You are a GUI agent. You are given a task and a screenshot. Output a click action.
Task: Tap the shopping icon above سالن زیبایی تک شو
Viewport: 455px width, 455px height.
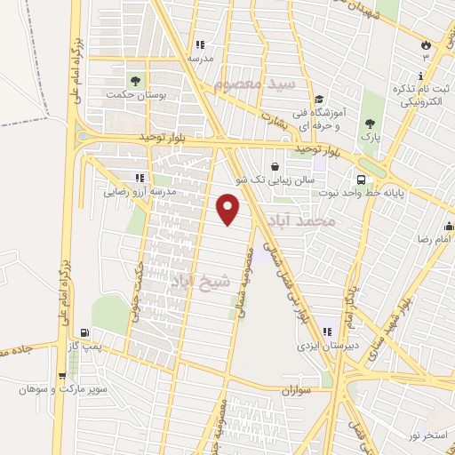point(275,166)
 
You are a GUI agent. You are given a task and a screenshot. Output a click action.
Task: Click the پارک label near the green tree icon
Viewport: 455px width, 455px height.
point(370,139)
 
